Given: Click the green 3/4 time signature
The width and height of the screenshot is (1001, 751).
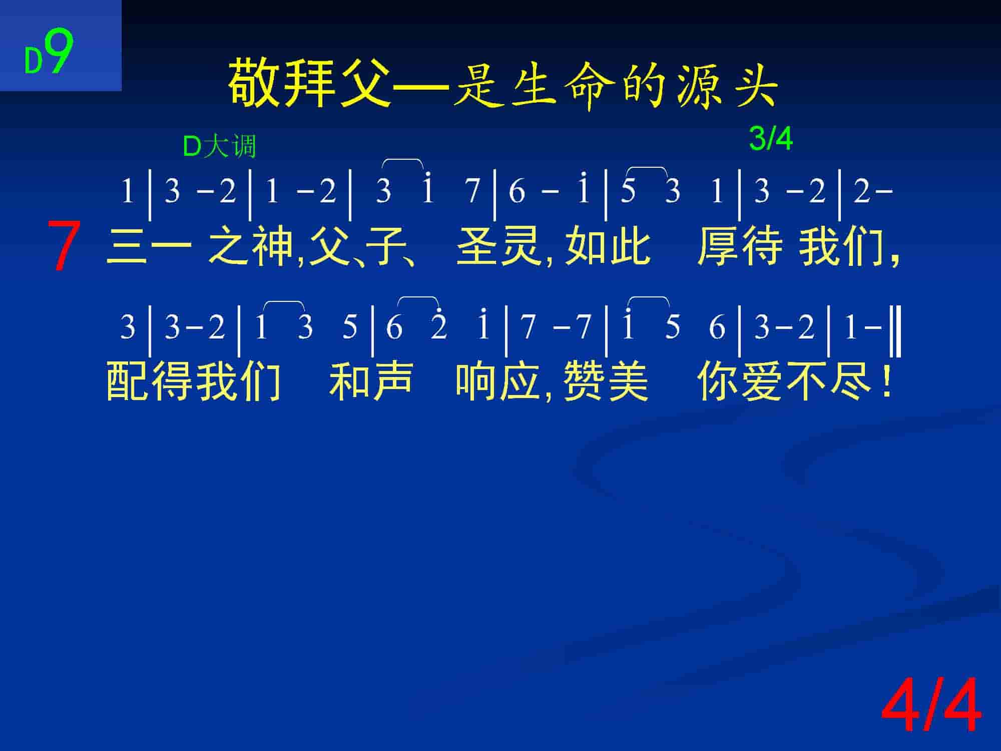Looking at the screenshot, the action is [771, 139].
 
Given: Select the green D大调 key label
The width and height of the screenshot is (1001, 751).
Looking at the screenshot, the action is [220, 147].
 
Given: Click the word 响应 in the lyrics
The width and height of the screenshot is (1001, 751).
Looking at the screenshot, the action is [497, 382].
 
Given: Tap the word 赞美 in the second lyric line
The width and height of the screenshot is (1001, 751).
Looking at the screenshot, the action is [606, 382].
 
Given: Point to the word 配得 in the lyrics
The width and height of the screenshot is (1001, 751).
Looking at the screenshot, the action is [149, 382].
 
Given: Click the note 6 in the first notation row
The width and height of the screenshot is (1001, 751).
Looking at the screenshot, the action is [517, 192].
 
